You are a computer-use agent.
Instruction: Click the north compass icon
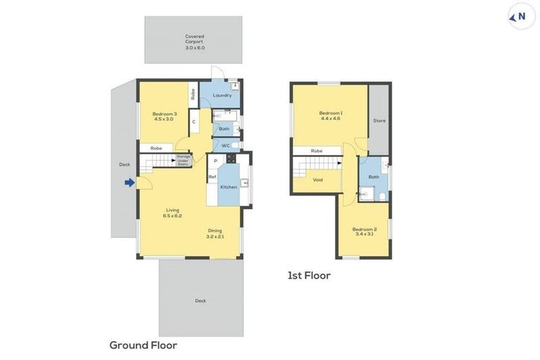(521, 17)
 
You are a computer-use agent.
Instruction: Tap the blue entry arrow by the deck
(129, 183)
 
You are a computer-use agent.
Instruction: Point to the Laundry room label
(222, 95)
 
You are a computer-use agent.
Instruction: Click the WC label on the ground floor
(226, 146)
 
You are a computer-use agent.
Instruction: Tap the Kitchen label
(229, 187)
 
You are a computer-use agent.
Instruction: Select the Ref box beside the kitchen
(212, 178)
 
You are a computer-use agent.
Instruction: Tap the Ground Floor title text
(143, 345)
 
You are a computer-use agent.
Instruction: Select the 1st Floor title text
(309, 276)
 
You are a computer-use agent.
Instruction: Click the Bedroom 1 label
(330, 116)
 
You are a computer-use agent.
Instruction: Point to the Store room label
(379, 121)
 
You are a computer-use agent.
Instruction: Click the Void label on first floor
(318, 180)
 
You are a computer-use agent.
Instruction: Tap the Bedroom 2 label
(364, 232)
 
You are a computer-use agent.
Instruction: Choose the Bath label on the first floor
(373, 176)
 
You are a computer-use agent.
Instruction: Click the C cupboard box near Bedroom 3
(194, 122)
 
